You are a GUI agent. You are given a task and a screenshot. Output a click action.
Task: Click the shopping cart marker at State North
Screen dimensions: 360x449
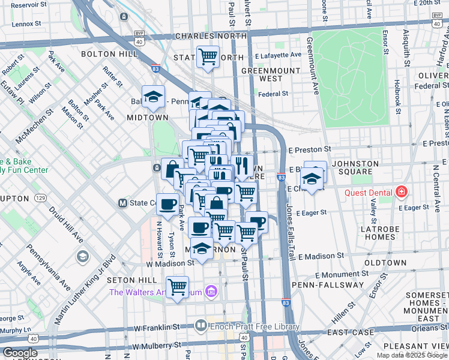[x=208, y=58]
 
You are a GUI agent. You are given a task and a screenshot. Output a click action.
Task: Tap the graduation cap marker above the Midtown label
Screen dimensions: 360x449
[x=153, y=97]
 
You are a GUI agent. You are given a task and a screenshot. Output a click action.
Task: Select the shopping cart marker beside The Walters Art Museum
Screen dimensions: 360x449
[x=177, y=287]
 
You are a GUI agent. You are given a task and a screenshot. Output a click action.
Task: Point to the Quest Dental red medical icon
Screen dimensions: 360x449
[x=402, y=193]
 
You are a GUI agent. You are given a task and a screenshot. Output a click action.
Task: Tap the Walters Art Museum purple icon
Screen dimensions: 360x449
[x=210, y=292]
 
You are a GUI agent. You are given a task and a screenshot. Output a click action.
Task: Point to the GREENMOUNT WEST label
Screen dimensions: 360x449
[x=262, y=74]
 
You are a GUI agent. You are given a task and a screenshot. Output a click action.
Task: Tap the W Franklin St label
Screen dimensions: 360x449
[x=162, y=328]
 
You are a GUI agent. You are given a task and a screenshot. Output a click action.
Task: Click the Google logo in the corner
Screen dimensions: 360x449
[x=20, y=353]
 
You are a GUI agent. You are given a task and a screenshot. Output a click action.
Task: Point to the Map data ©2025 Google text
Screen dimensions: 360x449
[x=412, y=355]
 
